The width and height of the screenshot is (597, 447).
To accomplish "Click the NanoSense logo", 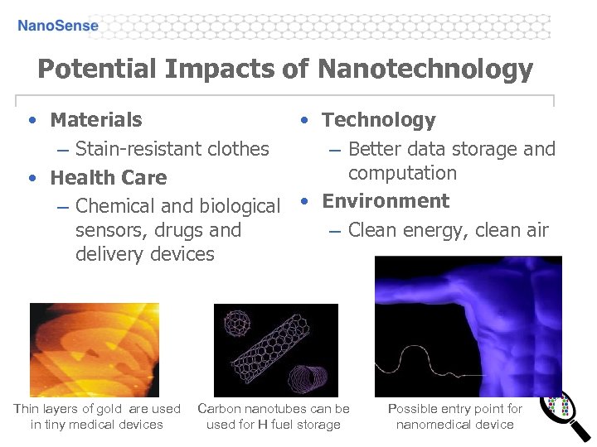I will tap(58, 26).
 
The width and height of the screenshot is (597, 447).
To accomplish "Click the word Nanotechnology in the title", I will tap(425, 69).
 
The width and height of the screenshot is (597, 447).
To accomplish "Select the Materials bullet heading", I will tap(95, 120).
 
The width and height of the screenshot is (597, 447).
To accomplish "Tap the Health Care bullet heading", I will tap(108, 178).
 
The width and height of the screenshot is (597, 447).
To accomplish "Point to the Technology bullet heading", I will tap(378, 120).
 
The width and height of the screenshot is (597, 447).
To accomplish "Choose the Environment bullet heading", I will tap(386, 201).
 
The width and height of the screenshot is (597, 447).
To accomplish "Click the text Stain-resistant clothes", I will tap(172, 149).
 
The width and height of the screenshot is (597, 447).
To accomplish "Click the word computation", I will tap(402, 173).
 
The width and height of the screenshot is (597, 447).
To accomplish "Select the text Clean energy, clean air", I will tap(448, 230).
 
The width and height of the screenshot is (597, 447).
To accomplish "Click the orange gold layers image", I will tap(94, 349).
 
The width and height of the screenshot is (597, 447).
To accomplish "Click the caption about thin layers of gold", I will tap(97, 416).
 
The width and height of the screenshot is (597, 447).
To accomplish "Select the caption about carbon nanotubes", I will tap(273, 416).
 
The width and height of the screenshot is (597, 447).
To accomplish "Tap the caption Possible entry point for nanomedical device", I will tap(454, 416).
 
